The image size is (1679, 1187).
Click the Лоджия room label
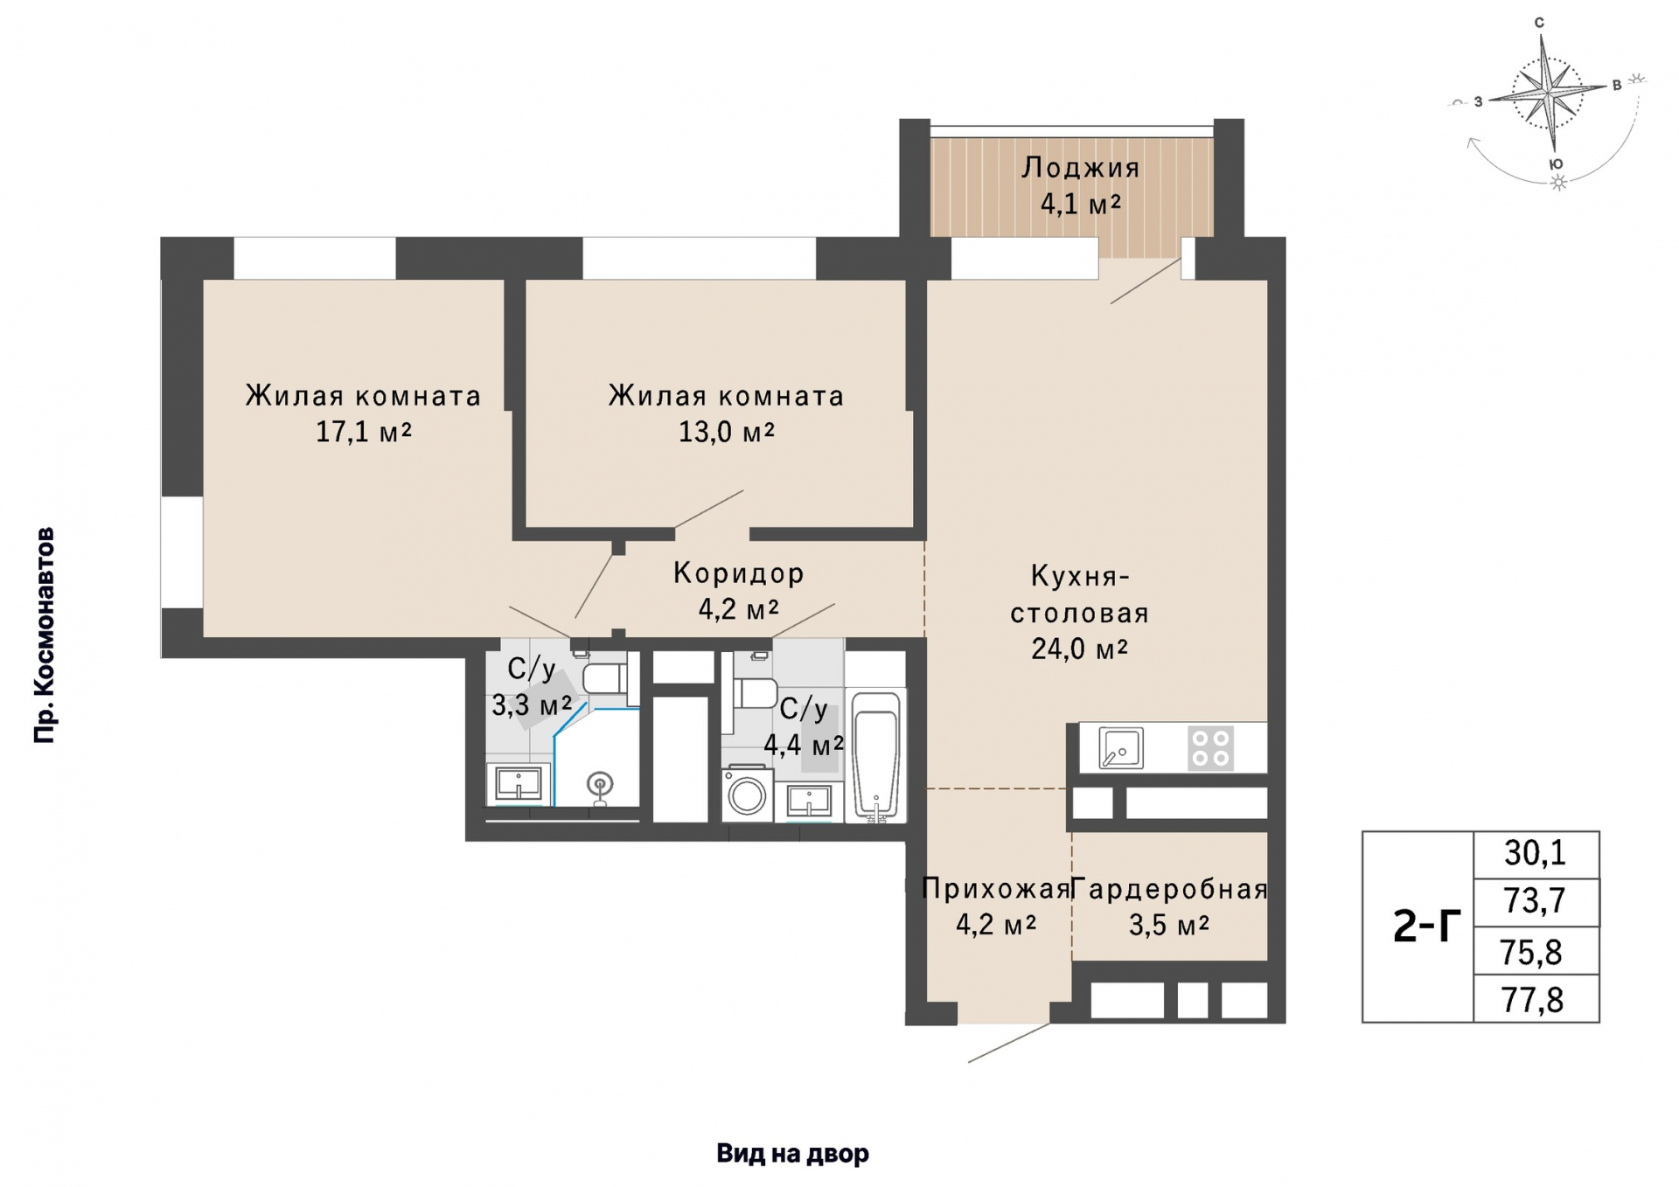1081,167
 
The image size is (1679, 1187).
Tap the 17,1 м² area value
364,432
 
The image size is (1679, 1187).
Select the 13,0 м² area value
727,432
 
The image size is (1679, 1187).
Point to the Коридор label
739,573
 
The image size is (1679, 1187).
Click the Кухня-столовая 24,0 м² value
1080,649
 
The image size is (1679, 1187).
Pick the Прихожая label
997,889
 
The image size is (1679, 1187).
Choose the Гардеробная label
1169,889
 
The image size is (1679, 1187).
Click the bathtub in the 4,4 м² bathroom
876,757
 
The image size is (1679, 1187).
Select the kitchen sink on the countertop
1121,748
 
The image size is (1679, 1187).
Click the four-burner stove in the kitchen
1210,748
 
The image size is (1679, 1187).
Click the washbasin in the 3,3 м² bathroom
519,783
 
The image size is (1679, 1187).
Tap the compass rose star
1549,91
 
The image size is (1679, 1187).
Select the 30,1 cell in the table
1536,853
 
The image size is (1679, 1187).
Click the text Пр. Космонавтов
44,635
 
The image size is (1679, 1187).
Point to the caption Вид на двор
793,1154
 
